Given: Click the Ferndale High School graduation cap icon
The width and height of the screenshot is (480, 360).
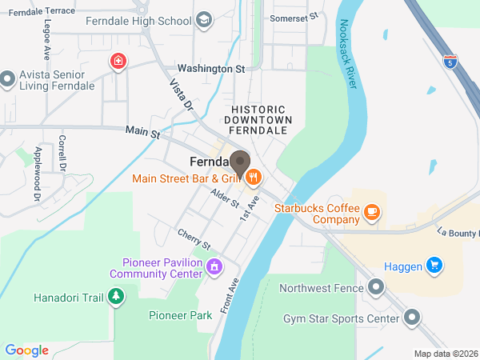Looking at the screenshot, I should (204, 18).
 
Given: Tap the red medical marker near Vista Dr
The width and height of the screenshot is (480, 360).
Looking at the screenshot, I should (118, 62).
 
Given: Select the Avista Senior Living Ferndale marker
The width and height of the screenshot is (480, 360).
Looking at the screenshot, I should (9, 78).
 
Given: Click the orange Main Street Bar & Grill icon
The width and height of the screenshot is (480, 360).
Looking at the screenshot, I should (254, 177).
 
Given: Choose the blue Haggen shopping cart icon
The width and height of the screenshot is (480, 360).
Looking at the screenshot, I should (434, 264).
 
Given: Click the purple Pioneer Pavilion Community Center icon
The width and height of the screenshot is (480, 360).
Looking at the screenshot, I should (214, 266).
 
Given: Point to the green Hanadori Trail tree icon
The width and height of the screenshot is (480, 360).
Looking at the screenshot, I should (117, 298).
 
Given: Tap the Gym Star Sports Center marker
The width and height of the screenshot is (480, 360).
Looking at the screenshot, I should (412, 318).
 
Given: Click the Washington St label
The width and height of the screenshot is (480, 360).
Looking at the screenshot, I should (211, 69).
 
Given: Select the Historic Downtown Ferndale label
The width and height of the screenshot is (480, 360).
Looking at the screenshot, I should (258, 119).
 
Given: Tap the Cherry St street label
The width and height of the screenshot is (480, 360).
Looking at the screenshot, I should (194, 239).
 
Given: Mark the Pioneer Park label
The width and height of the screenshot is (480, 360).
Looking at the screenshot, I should (180, 315).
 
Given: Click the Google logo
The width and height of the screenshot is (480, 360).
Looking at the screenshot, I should (26, 350).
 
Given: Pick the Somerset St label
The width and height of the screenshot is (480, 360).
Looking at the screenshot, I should (294, 15).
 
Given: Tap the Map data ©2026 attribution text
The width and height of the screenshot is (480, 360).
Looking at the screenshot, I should (445, 354).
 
